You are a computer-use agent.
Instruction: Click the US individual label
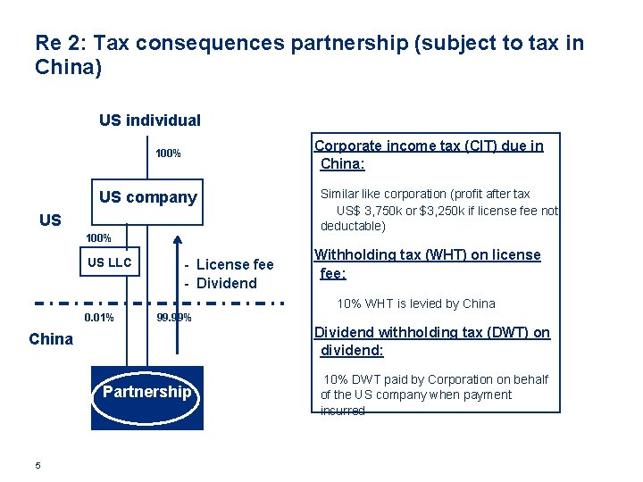[x=150, y=120]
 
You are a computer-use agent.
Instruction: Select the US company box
[x=148, y=197]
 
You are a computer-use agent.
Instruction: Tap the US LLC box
[x=109, y=262]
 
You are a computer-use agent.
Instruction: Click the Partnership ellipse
[x=147, y=392]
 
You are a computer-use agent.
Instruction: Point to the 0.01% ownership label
[x=98, y=318]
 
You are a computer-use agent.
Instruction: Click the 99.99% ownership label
[x=173, y=318]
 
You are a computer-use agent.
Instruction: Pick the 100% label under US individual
[x=168, y=154]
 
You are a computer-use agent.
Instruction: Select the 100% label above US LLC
[x=98, y=238]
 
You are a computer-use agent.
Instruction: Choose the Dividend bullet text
[x=226, y=284]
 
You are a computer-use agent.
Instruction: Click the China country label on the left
[x=51, y=338]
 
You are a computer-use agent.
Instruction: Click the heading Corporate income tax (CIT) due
[x=429, y=146]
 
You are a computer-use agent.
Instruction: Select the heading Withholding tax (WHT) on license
[x=428, y=255]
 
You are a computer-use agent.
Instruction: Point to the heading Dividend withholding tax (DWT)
[x=431, y=333]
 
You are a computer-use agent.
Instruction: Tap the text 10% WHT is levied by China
[x=415, y=303]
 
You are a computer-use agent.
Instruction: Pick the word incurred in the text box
[x=343, y=411]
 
